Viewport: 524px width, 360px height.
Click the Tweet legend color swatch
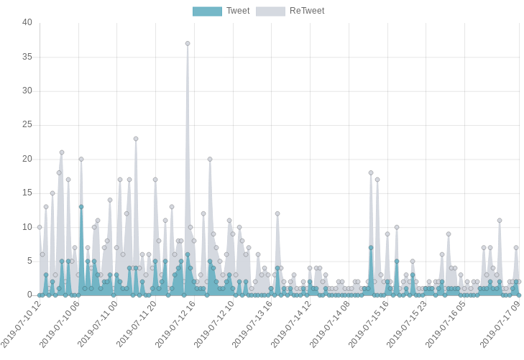[x=207, y=11]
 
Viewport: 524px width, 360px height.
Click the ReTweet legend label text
[x=307, y=11]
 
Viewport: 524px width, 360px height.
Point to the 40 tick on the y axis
[x=27, y=22]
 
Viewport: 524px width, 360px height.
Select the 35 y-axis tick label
[x=27, y=57]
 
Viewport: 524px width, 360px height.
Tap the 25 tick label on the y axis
[x=27, y=125]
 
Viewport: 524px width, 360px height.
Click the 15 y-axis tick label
[x=27, y=193]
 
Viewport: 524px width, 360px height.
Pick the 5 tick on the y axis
[x=29, y=261]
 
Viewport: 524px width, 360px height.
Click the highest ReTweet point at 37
[x=188, y=44]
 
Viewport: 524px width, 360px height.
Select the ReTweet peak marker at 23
[x=136, y=139]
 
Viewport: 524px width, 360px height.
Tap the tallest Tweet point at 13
[x=81, y=207]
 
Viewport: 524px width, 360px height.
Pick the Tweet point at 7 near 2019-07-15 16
[x=371, y=248]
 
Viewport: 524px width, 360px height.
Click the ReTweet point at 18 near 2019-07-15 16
[x=371, y=173]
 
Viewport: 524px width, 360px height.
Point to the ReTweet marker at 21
[x=62, y=152]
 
